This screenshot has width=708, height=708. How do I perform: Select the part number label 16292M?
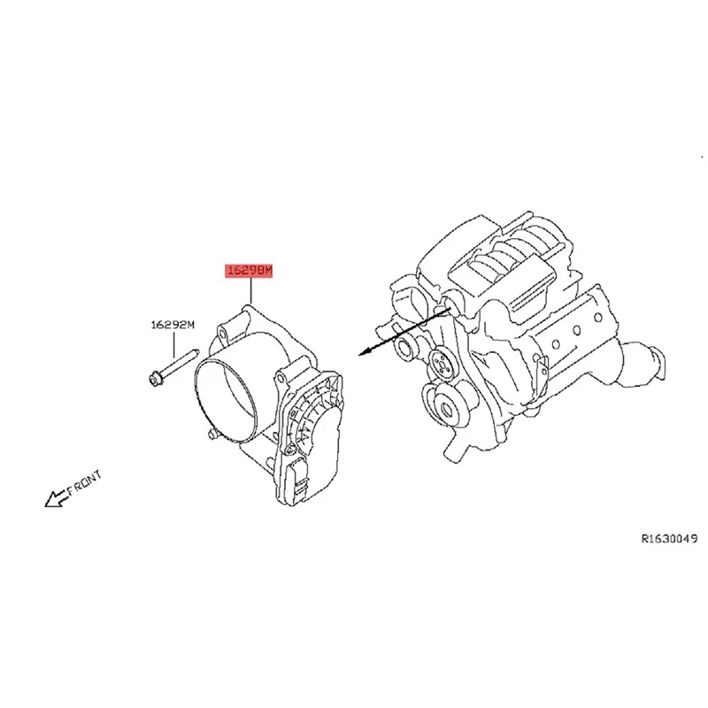tap(171, 325)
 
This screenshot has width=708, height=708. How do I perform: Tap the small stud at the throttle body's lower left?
tap(210, 435)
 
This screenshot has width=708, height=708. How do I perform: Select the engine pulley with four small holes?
tap(439, 363)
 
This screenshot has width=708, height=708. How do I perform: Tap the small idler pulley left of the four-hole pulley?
tap(410, 344)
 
